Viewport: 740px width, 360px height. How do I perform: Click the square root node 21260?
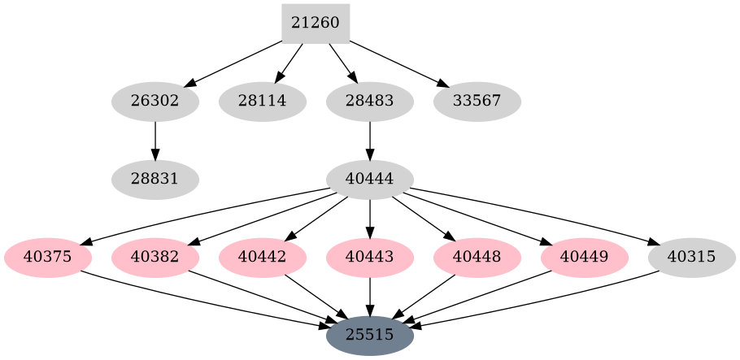pos(316,24)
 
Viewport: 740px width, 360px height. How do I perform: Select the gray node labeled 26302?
pos(155,102)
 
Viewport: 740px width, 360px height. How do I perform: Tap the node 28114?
pos(263,102)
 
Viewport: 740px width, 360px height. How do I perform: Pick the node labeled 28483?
pos(370,102)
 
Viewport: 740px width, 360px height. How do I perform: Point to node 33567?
pos(477,102)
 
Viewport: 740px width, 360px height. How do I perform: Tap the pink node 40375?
pos(48,258)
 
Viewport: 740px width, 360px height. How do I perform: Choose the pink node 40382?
pos(155,258)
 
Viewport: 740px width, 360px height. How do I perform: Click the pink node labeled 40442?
pos(263,258)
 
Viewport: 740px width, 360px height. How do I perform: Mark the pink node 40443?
pos(370,258)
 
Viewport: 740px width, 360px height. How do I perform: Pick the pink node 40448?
pos(477,258)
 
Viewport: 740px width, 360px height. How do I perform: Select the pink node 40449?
pos(585,258)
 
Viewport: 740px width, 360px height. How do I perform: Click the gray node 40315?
pos(692,258)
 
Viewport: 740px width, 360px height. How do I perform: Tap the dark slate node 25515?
pos(370,335)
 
